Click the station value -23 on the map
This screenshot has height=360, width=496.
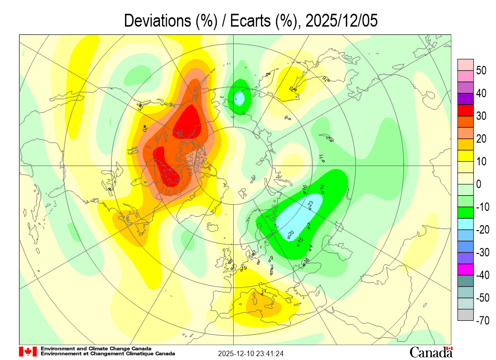310,203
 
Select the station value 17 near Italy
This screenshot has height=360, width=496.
264,291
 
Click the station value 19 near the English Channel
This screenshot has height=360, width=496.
244,268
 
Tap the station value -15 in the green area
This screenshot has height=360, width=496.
300,241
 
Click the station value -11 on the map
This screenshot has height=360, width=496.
321,158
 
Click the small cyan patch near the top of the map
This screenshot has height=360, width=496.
239,98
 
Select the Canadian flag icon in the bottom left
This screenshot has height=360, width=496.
28,352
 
